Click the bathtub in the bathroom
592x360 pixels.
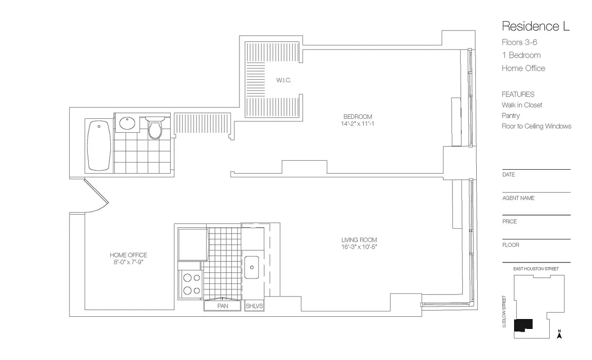[99, 145]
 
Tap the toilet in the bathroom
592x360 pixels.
[155, 128]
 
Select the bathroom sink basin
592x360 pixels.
[128, 123]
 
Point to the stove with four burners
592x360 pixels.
[191, 284]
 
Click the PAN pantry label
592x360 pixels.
[222, 306]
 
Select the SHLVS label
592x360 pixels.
[254, 306]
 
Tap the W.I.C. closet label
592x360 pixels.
[284, 81]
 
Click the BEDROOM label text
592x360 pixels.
[357, 117]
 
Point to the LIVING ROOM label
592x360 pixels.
[359, 240]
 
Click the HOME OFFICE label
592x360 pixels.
[128, 255]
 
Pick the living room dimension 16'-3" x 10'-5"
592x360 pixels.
[359, 247]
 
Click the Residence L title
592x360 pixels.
[536, 26]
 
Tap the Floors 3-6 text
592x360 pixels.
[520, 42]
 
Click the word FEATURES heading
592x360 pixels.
[518, 94]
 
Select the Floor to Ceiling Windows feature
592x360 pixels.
[536, 126]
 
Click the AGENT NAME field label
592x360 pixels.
[518, 198]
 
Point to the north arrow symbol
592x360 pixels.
[559, 334]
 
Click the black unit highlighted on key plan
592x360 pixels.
[524, 324]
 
